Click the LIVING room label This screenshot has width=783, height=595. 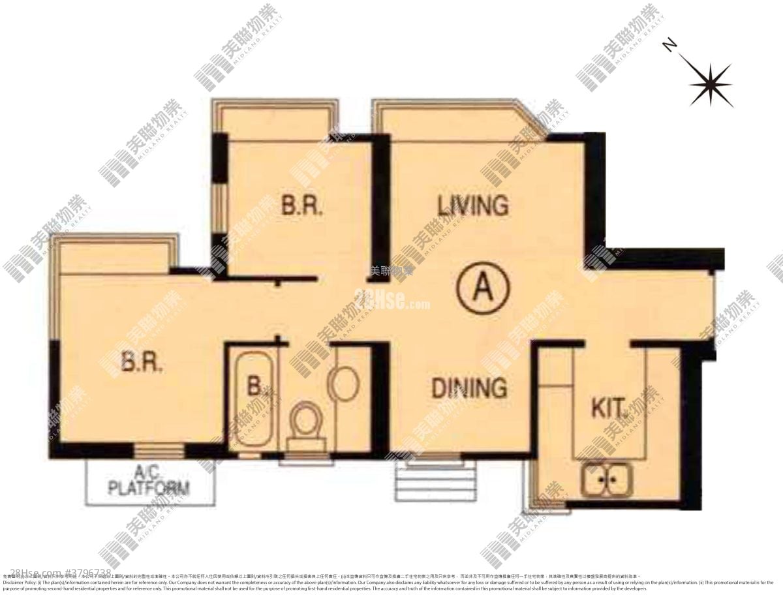(x=472, y=206)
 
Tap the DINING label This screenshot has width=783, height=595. (x=469, y=388)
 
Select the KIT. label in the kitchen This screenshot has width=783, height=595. (x=609, y=408)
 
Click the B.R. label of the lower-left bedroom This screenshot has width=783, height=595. (x=142, y=362)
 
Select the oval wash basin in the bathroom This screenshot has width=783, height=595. (x=343, y=383)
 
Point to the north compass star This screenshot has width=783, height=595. (x=710, y=83)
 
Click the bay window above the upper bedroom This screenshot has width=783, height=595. (x=277, y=121)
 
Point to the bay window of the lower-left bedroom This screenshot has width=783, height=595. (x=115, y=256)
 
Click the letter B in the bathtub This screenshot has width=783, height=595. (x=253, y=386)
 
